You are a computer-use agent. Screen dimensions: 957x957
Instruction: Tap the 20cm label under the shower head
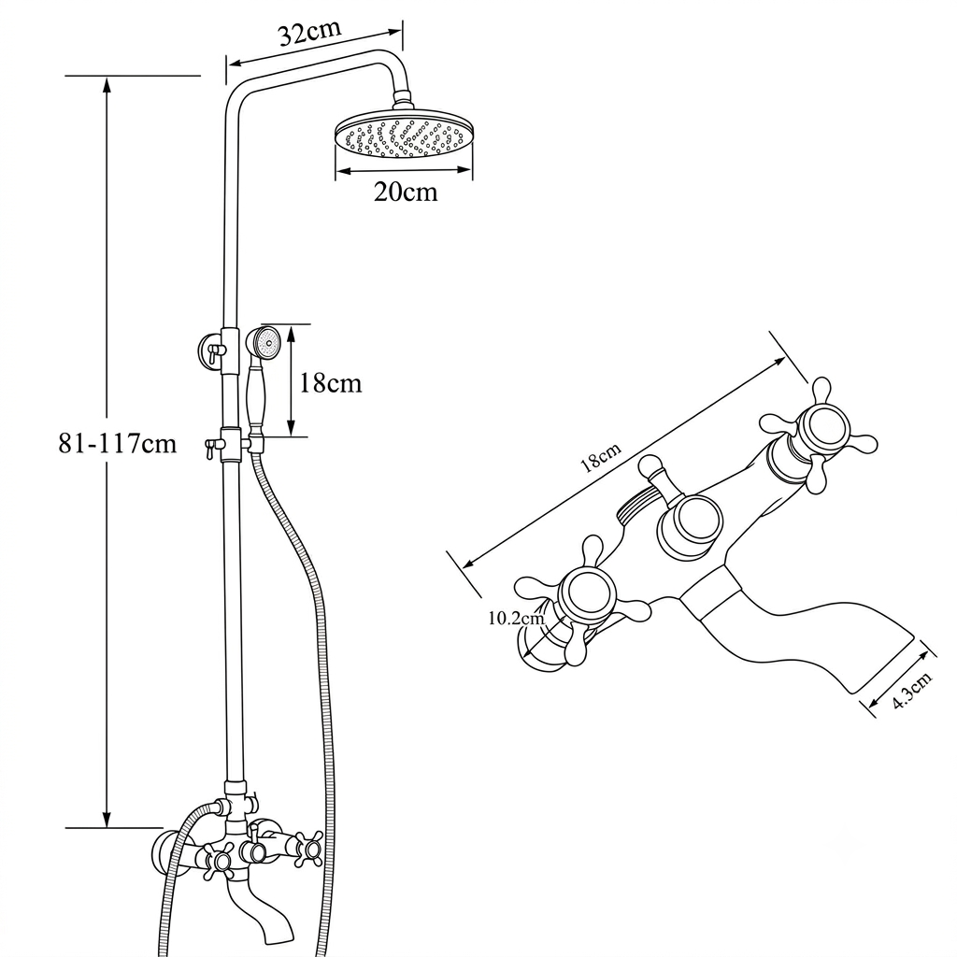406,193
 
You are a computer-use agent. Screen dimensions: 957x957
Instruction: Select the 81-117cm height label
117,443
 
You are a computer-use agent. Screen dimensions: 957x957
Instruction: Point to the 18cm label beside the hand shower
330,383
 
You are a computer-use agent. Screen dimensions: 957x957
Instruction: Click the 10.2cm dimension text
516,619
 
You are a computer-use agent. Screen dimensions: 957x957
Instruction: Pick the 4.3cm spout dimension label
912,690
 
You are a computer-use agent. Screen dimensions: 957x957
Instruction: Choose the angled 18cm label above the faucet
601,457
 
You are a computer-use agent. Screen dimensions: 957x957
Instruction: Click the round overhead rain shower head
404,135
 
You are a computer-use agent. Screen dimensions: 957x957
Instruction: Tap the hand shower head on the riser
263,341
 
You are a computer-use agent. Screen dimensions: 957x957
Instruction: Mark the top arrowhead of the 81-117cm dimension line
107,85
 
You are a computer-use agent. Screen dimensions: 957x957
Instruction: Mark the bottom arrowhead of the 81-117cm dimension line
107,819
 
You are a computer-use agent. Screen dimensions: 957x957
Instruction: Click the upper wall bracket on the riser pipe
211,351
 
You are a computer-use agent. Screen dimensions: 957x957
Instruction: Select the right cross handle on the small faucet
308,849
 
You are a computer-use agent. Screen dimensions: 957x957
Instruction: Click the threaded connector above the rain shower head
403,99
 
